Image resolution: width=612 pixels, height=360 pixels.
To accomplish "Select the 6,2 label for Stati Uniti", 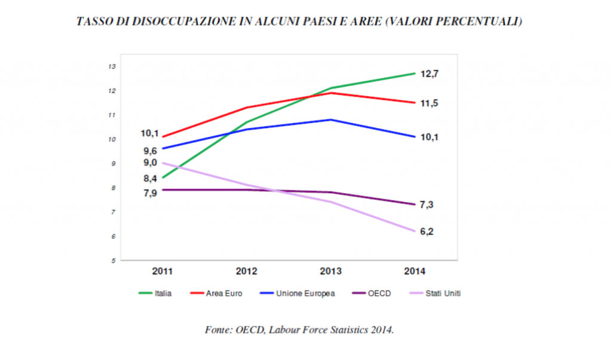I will click(427, 232).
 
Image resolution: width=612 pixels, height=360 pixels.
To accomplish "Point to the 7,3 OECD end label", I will click(427, 205).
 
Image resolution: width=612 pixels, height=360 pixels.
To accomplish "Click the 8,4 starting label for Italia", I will click(150, 178).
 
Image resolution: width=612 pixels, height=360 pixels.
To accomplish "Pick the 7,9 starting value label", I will click(150, 193).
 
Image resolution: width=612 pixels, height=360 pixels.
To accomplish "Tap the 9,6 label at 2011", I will click(150, 151).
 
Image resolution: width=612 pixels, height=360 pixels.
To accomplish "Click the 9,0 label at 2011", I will click(150, 163).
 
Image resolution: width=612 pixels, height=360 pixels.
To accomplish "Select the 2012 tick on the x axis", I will click(246, 271).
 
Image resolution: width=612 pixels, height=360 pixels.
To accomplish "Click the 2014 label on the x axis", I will click(415, 271).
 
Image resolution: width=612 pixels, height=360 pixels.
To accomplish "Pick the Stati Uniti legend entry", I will click(443, 294).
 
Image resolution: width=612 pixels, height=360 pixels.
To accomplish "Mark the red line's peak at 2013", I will click(331, 93).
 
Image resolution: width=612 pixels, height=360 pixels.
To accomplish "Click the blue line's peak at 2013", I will click(331, 120).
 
